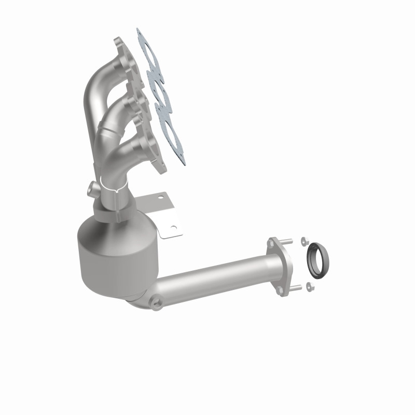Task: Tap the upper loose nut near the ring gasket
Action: click(306, 242)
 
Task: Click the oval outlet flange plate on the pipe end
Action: click(280, 267)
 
